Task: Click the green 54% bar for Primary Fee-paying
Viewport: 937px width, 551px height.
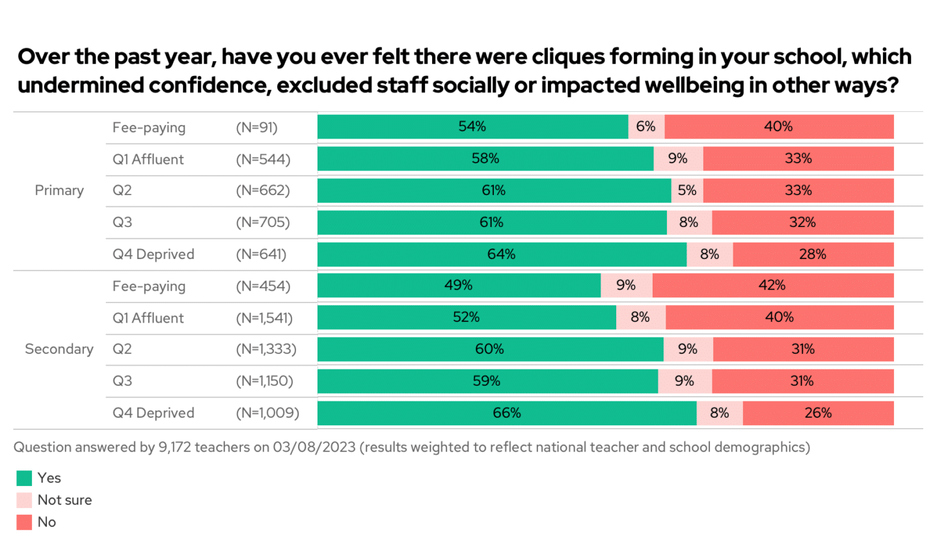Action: click(x=472, y=127)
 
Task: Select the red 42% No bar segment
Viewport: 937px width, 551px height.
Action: click(x=772, y=286)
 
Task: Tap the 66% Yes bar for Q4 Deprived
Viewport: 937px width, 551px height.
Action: click(x=506, y=413)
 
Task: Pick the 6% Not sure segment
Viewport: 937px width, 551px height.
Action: click(x=646, y=127)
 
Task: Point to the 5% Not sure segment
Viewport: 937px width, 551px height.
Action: click(x=687, y=191)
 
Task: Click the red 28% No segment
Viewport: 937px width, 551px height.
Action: click(x=813, y=254)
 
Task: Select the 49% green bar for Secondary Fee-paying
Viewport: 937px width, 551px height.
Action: click(x=459, y=286)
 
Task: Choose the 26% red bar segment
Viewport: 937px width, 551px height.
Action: click(x=818, y=413)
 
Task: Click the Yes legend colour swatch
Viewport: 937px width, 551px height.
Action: click(x=24, y=478)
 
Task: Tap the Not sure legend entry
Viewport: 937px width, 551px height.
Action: click(x=64, y=500)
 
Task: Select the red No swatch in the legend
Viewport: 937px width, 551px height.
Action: click(x=24, y=522)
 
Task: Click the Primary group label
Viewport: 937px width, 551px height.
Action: click(x=59, y=191)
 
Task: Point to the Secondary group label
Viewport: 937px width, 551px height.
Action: click(x=59, y=349)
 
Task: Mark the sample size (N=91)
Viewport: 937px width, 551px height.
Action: click(x=256, y=128)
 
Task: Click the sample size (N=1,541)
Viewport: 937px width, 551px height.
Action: click(x=264, y=318)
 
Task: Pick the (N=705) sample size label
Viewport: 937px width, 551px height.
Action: click(x=262, y=222)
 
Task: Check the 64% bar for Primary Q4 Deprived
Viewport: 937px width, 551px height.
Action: click(x=501, y=254)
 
